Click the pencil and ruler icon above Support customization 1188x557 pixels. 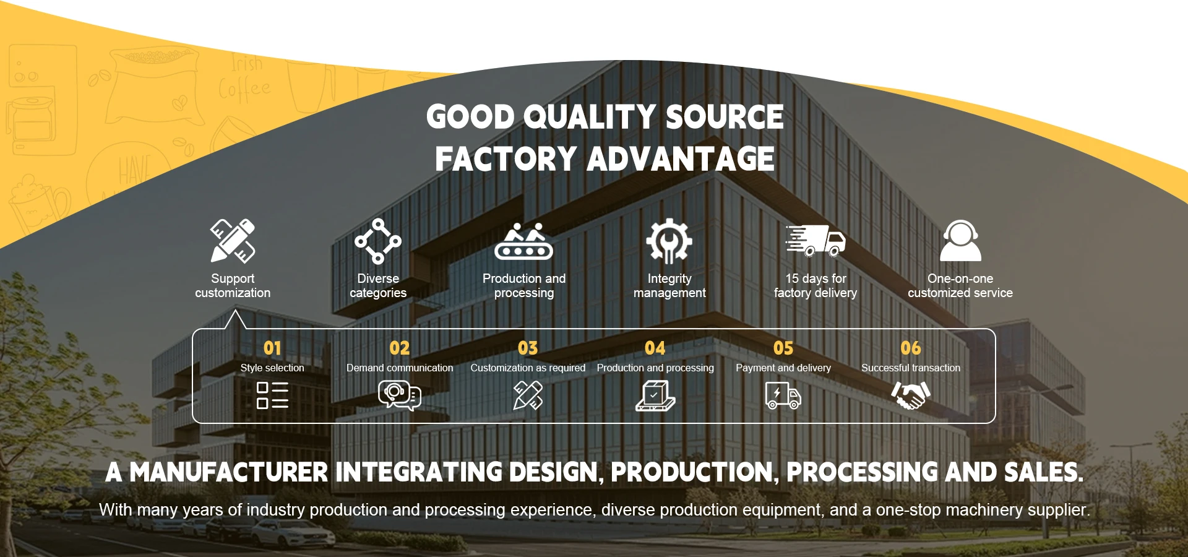(233, 241)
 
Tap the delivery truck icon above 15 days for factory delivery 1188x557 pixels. (816, 241)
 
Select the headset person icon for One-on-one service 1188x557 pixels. (960, 241)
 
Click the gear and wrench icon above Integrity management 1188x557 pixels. (669, 241)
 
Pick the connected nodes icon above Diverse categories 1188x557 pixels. (378, 241)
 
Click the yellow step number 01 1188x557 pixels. (272, 348)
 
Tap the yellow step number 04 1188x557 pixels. (655, 348)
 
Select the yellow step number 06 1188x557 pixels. (911, 348)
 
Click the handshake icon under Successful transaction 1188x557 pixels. (911, 395)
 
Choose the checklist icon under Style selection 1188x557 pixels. (272, 395)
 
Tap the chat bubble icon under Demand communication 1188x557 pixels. (400, 395)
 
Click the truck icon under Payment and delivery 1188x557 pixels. (783, 395)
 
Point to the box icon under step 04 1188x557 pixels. (655, 396)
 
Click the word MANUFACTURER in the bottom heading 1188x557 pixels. (229, 472)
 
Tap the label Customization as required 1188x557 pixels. (528, 368)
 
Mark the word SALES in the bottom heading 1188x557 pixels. (1044, 472)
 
